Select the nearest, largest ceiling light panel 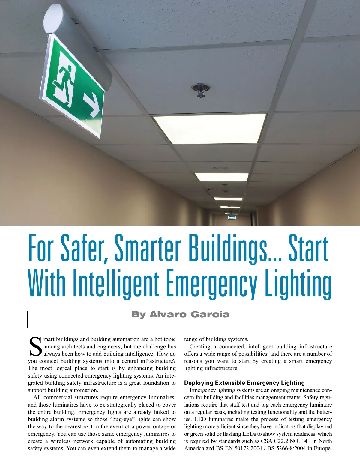209,128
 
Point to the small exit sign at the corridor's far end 232,217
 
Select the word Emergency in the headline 212,283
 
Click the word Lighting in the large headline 298,283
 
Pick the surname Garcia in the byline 210,315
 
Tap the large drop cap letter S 35,347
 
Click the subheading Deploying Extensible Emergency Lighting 244,383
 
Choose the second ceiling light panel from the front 222,177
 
